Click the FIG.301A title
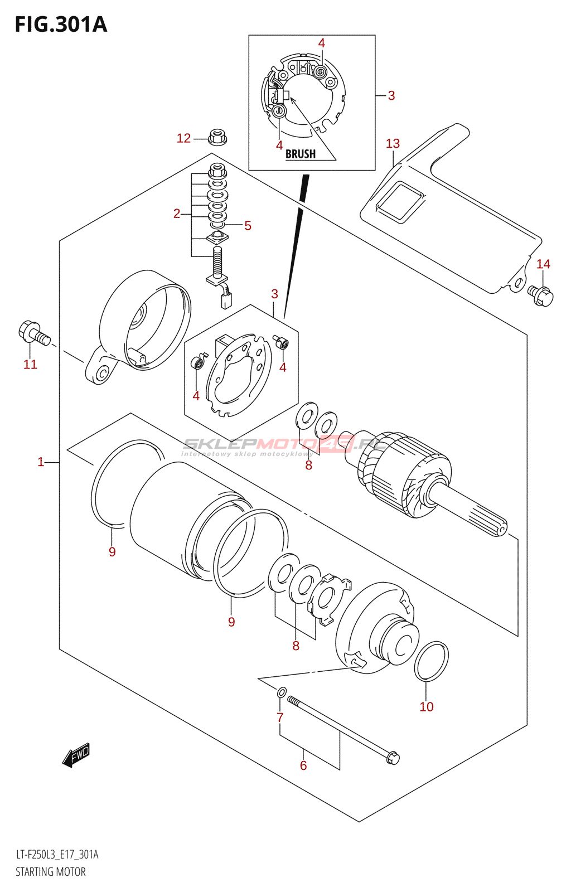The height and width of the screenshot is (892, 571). (x=61, y=25)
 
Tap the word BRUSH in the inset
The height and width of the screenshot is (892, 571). (x=300, y=154)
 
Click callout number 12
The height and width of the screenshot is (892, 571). (x=183, y=138)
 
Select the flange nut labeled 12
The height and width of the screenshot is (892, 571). (x=217, y=136)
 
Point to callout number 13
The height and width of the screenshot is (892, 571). (x=393, y=143)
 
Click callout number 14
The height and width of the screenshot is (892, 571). (x=543, y=264)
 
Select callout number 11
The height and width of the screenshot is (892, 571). (x=30, y=364)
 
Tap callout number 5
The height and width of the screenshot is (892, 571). (x=248, y=225)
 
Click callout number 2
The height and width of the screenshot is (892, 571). (x=177, y=214)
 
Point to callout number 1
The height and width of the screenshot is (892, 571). (x=41, y=462)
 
